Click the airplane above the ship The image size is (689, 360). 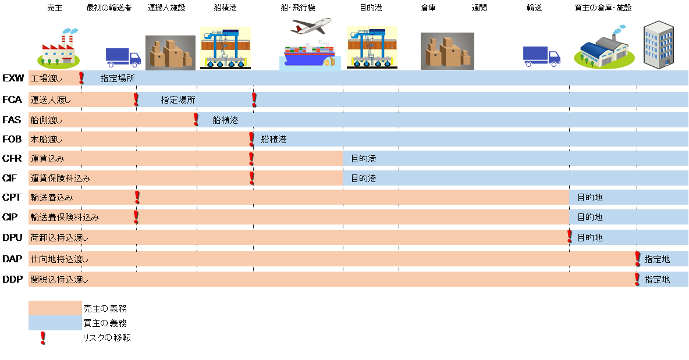311,26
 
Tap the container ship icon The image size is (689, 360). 310,53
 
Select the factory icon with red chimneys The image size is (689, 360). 58,48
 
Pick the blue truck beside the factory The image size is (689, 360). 123,58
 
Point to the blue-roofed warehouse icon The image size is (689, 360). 603,47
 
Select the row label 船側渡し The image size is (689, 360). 46,120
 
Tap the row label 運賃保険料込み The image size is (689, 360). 61,178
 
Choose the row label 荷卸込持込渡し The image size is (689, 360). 59,237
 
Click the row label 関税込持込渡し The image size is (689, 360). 59,280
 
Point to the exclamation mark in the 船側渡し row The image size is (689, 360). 196,120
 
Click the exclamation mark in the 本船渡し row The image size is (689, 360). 251,139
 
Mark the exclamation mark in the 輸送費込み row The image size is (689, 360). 137,198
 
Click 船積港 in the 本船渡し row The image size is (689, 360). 274,140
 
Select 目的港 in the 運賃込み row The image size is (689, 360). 363,159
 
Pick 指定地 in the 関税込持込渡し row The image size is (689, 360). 657,280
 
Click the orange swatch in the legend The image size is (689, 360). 55,308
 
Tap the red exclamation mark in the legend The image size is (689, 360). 42,338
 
